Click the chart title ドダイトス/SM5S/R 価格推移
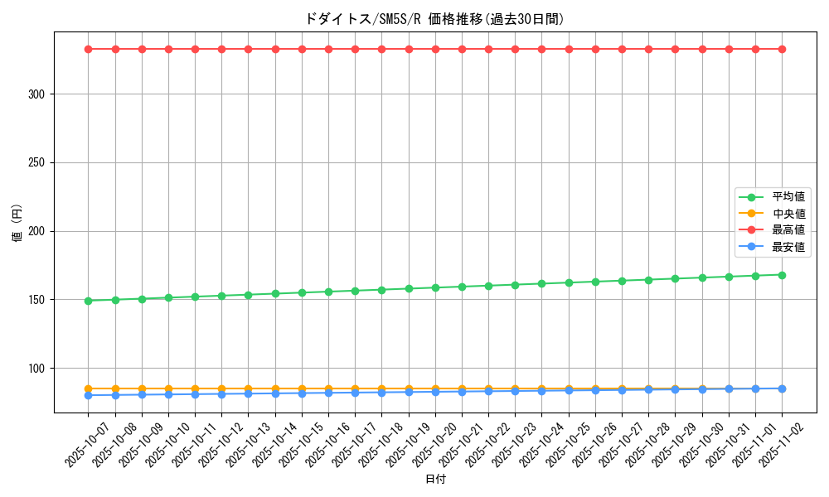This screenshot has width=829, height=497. tap(435, 19)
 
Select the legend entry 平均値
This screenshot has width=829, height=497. tap(788, 197)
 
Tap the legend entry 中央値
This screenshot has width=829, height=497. tap(788, 214)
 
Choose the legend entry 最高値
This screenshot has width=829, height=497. tap(788, 230)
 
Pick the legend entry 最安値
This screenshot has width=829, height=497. tap(788, 247)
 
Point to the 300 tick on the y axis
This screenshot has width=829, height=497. tap(36, 94)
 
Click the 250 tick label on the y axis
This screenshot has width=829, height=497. tap(36, 163)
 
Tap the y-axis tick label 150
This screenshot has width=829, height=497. tap(36, 300)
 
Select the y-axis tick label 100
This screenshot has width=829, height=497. tap(36, 368)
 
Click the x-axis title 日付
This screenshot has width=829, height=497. tap(435, 480)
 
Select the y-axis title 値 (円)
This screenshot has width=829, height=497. tap(17, 224)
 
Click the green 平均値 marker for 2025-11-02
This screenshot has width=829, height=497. tap(782, 275)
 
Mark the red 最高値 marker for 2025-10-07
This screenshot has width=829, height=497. tap(89, 49)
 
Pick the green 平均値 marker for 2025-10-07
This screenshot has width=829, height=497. tap(89, 301)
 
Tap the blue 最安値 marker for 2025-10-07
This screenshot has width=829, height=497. tap(89, 395)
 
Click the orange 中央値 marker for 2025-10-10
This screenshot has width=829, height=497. tap(168, 388)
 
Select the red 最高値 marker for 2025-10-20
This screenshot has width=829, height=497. tap(435, 49)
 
